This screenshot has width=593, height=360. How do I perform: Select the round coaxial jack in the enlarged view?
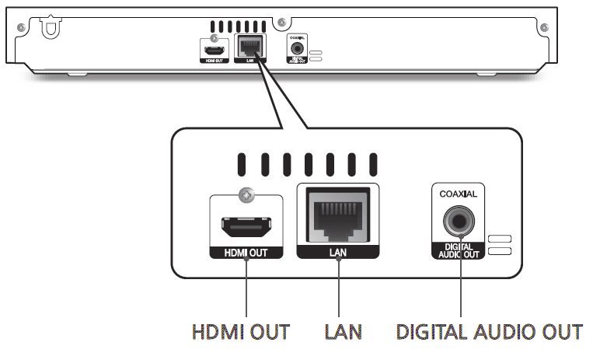point(459,222)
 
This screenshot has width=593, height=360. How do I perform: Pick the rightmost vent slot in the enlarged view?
point(373,164)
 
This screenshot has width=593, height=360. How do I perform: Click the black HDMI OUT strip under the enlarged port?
point(245,253)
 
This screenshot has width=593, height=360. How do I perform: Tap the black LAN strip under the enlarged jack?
point(338,253)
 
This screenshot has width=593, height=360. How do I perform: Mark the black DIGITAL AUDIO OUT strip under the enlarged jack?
point(459,250)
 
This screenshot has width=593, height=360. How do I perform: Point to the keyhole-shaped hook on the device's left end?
point(51,28)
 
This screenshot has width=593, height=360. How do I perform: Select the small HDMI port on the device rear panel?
point(211,50)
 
